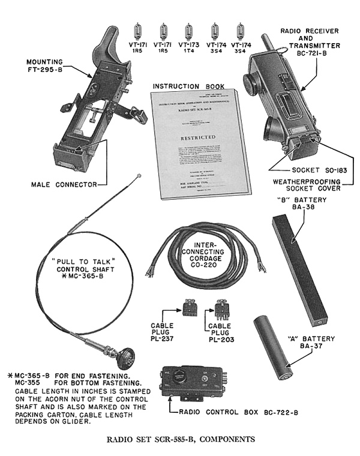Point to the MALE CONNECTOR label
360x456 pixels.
click(64, 185)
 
